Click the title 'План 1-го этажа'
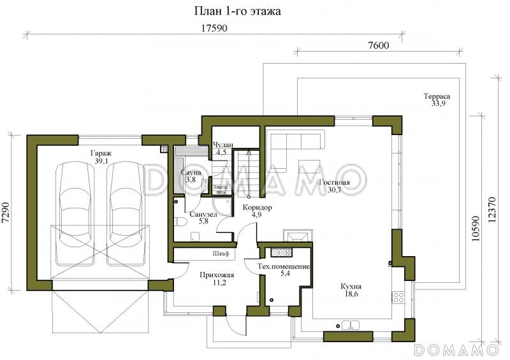click(x=237, y=11)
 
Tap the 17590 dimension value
click(x=214, y=28)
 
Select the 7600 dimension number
click(x=378, y=45)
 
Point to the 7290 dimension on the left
click(x=6, y=213)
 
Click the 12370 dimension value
click(x=492, y=210)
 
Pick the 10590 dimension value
click(x=475, y=228)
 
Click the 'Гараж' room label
click(x=101, y=153)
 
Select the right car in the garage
click(x=126, y=213)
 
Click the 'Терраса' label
click(x=437, y=96)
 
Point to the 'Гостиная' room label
click(x=334, y=182)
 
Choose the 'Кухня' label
click(x=351, y=287)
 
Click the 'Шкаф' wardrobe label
click(x=221, y=254)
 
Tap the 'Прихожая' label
click(x=217, y=275)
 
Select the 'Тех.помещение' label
click(x=284, y=267)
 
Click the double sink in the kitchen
click(x=350, y=325)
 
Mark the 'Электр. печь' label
click(x=221, y=189)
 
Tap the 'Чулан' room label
click(x=222, y=145)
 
